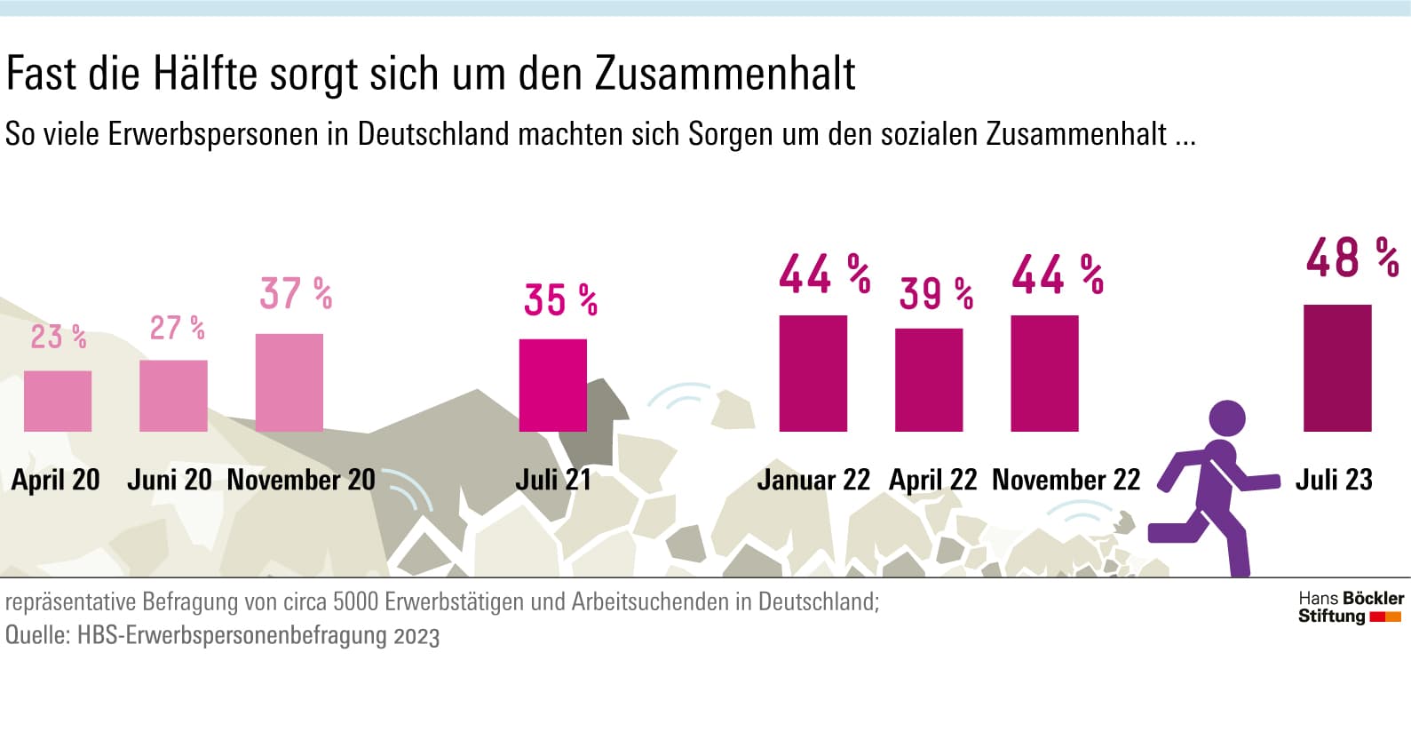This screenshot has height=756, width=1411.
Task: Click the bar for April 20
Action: click(58, 401)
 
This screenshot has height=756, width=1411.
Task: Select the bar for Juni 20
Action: click(173, 395)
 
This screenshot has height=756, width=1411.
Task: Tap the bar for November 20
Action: click(289, 382)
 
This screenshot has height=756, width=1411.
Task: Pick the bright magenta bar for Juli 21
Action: click(552, 385)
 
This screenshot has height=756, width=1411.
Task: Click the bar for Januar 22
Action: click(813, 373)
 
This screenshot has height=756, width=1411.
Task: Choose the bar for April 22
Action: click(929, 379)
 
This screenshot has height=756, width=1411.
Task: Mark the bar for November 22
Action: click(1044, 373)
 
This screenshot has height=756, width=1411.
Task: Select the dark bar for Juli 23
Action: click(1337, 368)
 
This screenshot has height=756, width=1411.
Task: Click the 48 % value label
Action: click(1352, 258)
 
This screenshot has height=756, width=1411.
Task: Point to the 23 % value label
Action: click(59, 337)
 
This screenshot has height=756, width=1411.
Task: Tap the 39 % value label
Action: click(936, 293)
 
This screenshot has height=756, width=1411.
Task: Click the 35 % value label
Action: click(560, 299)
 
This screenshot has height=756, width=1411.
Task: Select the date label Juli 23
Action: click(1334, 480)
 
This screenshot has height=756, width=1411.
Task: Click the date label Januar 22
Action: click(813, 480)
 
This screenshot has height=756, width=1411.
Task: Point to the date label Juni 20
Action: click(170, 480)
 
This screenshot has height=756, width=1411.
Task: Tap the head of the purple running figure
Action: click(1227, 418)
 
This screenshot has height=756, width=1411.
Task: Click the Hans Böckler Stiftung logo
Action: click(1351, 608)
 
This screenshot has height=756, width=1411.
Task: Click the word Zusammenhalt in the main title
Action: click(725, 74)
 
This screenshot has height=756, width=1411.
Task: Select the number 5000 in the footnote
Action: click(354, 601)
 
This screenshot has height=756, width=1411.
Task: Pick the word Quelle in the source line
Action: click(36, 635)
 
